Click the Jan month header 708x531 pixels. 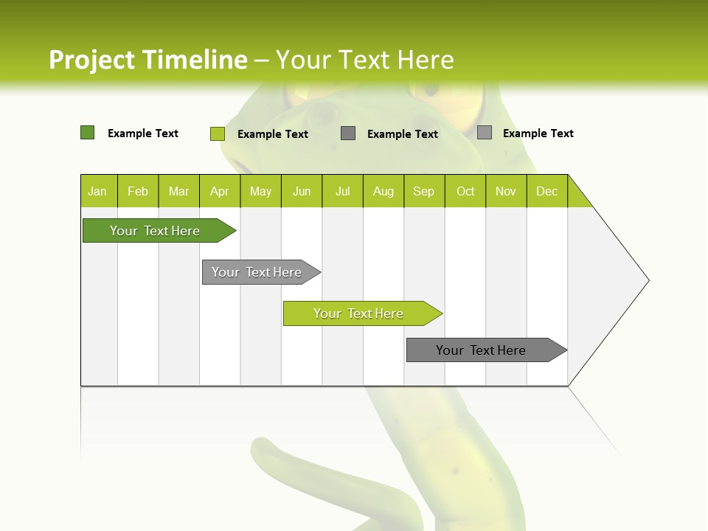97,191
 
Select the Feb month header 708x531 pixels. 138,191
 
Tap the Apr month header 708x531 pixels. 219,191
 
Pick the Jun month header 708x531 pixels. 302,191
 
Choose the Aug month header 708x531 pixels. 383,191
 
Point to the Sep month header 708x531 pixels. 423,191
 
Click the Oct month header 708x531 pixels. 465,191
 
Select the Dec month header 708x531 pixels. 546,191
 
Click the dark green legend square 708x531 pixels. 87,133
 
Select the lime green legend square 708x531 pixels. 217,133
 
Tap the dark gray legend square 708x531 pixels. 348,133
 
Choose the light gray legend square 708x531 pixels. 484,133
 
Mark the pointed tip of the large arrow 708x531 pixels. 648,280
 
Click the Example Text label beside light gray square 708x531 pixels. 538,133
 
